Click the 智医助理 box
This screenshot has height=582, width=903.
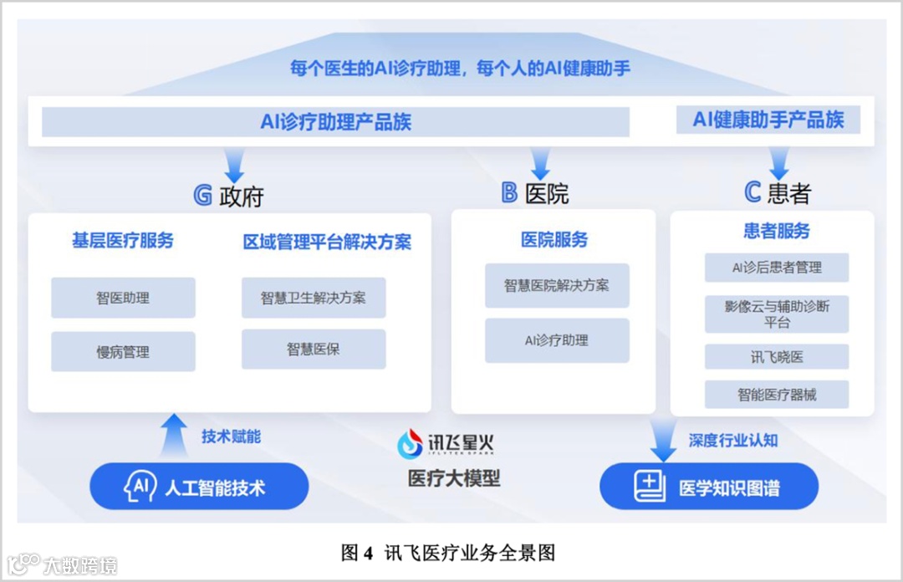[123, 298]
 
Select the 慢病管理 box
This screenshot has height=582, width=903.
[123, 351]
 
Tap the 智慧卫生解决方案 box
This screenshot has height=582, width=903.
[314, 298]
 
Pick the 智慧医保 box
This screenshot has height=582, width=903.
[314, 350]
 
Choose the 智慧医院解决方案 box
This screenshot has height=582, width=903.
[557, 285]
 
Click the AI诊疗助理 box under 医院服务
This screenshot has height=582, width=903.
[557, 340]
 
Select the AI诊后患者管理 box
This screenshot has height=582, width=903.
[777, 268]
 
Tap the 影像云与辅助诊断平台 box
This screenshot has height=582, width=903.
[777, 314]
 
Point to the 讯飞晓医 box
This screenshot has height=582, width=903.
[777, 356]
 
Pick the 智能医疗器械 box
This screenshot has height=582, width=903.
[777, 395]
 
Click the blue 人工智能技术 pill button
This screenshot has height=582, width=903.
[199, 487]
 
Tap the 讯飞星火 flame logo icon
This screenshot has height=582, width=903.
[411, 445]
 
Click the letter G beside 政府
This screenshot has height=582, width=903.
[202, 195]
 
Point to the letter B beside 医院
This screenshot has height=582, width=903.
[509, 193]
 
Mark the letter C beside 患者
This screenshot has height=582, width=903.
[752, 193]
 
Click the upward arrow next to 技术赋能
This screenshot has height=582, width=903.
[173, 435]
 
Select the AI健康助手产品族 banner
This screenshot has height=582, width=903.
[768, 120]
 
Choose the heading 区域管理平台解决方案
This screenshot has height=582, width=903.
[327, 242]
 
